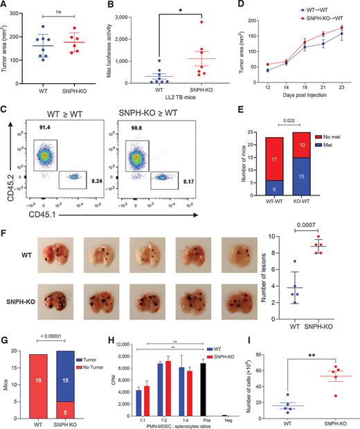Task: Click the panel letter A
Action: click(5, 6)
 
